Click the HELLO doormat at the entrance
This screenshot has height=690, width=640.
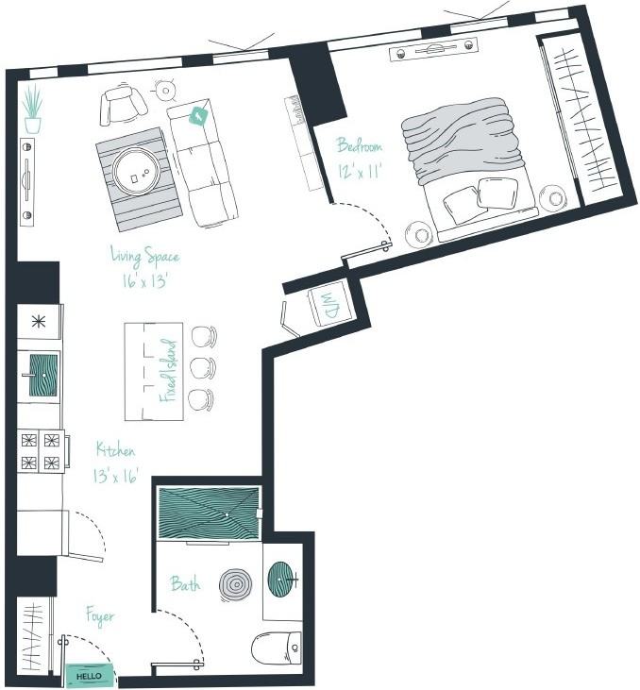pyautogui.click(x=89, y=676)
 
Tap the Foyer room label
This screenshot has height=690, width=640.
pyautogui.click(x=100, y=617)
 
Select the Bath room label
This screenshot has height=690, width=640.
pyautogui.click(x=185, y=584)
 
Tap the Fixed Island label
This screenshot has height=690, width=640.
pyautogui.click(x=168, y=371)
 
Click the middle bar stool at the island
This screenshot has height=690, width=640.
pyautogui.click(x=203, y=367)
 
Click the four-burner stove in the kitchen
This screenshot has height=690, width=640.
pyautogui.click(x=41, y=450)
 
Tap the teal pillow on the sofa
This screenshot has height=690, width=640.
pyautogui.click(x=198, y=116)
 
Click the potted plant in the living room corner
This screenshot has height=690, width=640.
pyautogui.click(x=33, y=109)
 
